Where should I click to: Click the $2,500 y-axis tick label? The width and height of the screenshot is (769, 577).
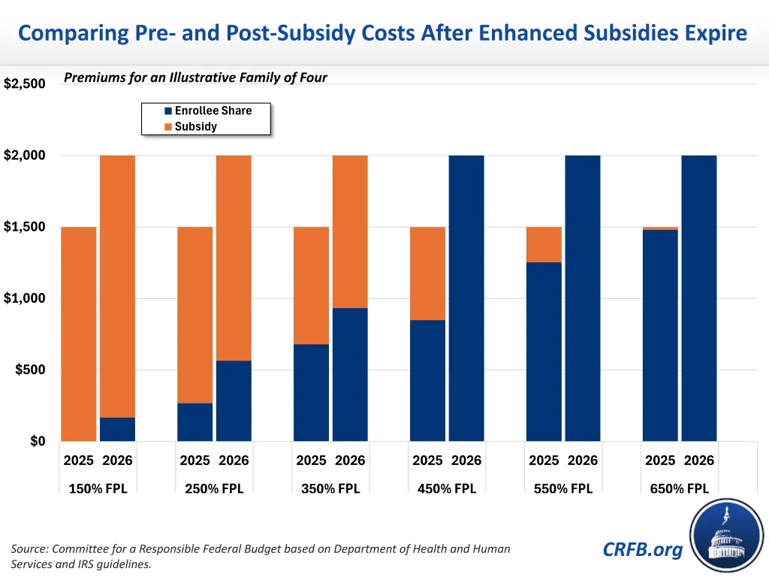(24, 84)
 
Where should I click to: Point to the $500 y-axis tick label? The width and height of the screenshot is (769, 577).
(30, 370)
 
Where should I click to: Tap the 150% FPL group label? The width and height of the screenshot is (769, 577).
(98, 488)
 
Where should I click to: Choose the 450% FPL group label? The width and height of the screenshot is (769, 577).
(447, 488)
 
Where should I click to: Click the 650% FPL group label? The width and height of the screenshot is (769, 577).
(680, 488)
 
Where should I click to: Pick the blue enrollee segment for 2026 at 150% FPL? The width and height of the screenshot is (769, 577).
(117, 429)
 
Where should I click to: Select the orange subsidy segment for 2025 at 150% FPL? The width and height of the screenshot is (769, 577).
(78, 334)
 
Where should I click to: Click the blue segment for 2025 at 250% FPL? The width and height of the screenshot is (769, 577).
(195, 422)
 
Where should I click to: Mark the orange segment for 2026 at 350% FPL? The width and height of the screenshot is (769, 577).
(350, 231)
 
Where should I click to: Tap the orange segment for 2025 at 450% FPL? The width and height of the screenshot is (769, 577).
(427, 273)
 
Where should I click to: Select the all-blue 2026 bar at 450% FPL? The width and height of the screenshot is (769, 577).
(466, 298)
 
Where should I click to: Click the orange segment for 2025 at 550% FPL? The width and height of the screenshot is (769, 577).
(544, 244)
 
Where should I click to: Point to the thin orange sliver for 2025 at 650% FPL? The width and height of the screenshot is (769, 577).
(660, 228)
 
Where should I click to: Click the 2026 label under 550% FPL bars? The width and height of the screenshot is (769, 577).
(583, 461)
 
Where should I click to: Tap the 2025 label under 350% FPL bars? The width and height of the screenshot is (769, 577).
(311, 461)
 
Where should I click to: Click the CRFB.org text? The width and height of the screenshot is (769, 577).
(643, 549)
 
